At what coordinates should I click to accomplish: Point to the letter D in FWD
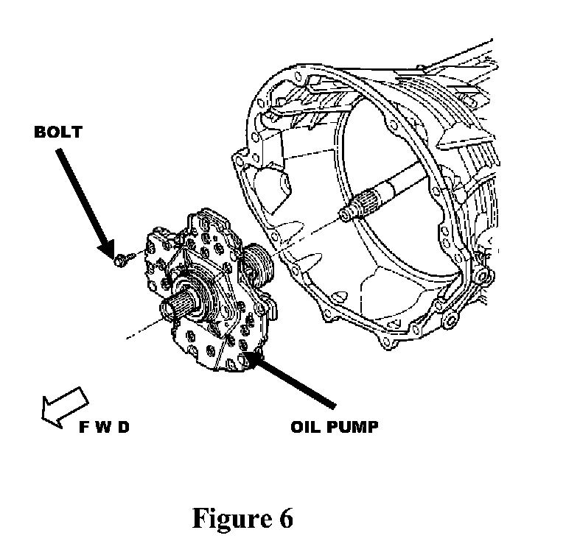pyautogui.click(x=122, y=427)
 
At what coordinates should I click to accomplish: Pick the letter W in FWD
pyautogui.click(x=102, y=427)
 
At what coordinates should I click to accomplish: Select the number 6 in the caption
pyautogui.click(x=285, y=518)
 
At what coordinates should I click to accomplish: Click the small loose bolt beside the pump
pyautogui.click(x=122, y=258)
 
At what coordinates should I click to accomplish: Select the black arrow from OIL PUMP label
pyautogui.click(x=295, y=378)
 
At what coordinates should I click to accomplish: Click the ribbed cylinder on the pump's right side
pyautogui.click(x=256, y=264)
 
